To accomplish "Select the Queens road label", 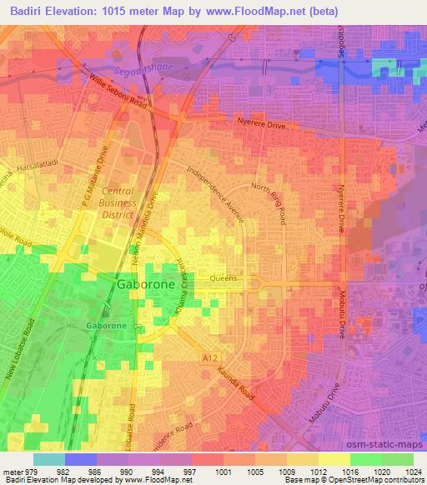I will point(224,279).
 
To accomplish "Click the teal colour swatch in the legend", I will point(49,458).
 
